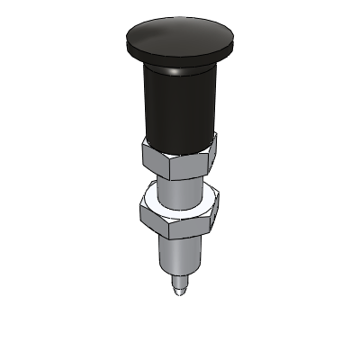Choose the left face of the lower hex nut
pos(147,212)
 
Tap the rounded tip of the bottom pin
pos(179,293)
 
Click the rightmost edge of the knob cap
pos(237,40)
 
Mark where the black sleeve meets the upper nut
pos(179,141)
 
